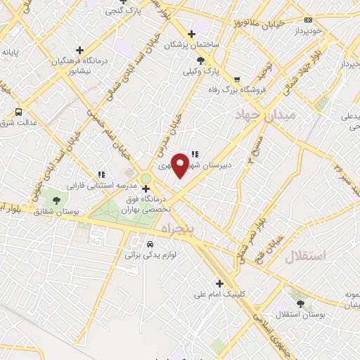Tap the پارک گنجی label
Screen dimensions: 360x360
point(117,11)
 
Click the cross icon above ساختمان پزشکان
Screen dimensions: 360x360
point(191,34)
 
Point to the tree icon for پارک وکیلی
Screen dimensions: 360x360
point(201,60)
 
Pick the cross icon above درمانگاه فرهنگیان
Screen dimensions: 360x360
point(79,50)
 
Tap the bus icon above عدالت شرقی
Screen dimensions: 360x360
point(18,111)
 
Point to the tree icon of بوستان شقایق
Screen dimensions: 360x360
point(56,201)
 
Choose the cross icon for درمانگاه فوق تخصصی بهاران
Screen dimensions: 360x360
point(146,188)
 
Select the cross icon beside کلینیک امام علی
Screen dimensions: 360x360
point(220,283)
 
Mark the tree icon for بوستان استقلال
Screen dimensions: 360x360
point(301,303)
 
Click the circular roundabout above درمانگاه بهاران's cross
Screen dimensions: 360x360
point(146,176)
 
